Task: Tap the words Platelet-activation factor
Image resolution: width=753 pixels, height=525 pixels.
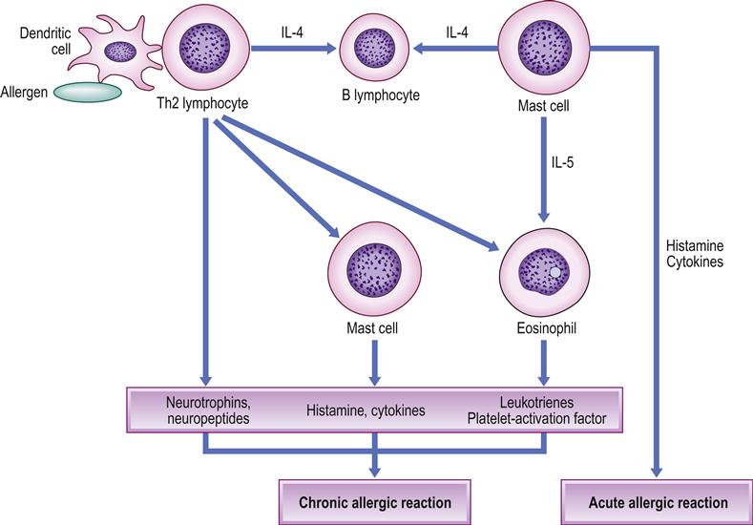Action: coord(544,417)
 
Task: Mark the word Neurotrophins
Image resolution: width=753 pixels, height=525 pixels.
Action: coord(201,401)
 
